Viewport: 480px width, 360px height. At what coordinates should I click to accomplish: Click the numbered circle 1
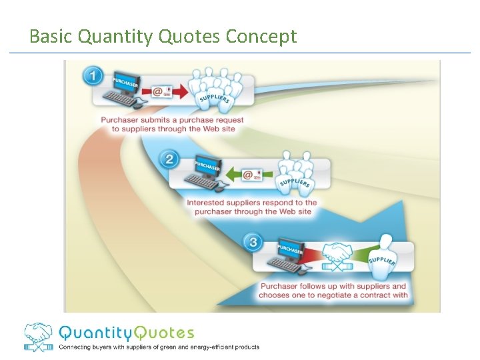click(x=93, y=76)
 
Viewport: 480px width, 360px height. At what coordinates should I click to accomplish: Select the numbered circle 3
click(x=253, y=242)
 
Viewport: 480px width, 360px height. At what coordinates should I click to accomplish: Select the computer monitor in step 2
click(x=206, y=167)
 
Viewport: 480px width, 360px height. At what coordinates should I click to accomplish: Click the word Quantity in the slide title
click(x=116, y=36)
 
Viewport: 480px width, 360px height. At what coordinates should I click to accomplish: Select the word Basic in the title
click(x=52, y=36)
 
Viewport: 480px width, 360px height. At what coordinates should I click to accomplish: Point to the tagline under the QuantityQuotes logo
click(x=159, y=347)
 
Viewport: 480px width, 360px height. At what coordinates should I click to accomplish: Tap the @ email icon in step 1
click(x=158, y=91)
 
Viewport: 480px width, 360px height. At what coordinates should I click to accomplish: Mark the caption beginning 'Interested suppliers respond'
click(x=252, y=207)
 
